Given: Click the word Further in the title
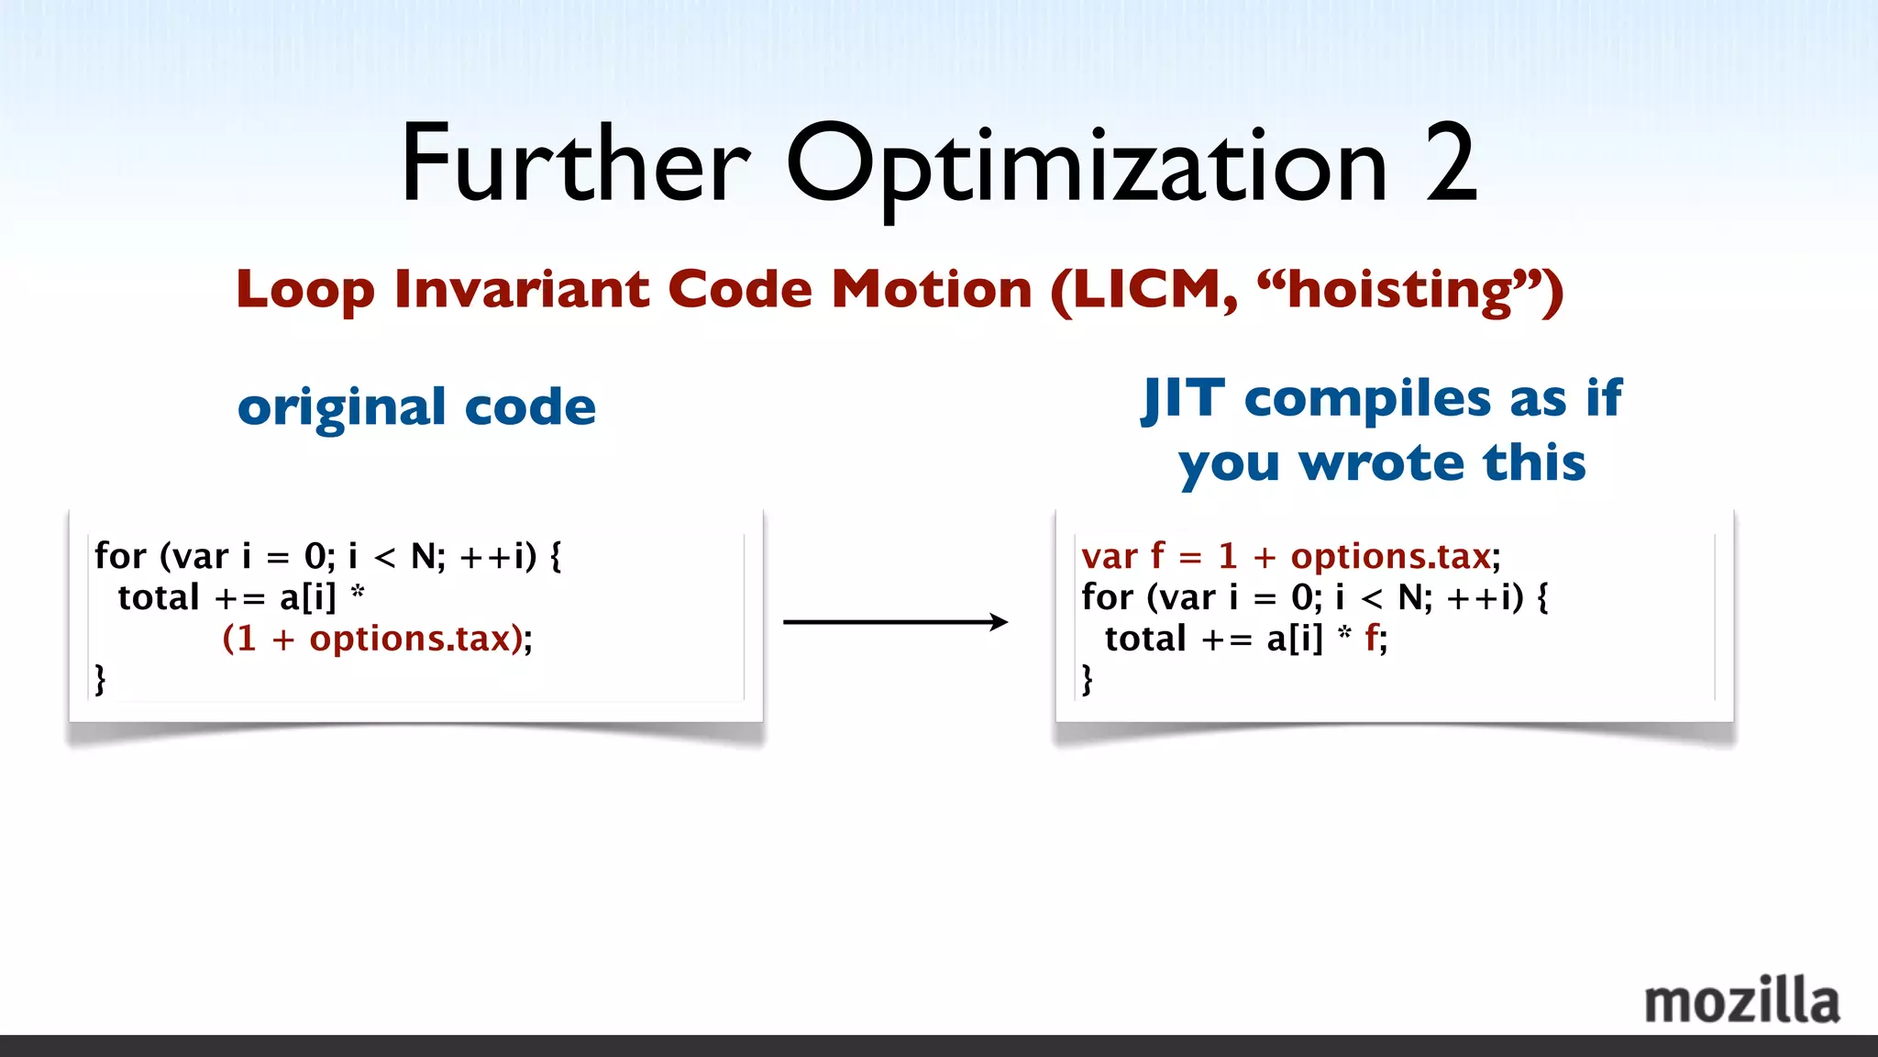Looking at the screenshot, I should click(x=575, y=165).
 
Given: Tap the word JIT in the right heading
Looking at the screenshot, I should click(x=1184, y=400).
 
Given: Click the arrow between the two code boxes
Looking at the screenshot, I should click(x=895, y=622).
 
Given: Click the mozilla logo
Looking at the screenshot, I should click(x=1741, y=1001).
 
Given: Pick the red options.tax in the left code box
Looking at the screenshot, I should click(x=409, y=639).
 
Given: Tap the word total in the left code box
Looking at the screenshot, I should click(x=159, y=597).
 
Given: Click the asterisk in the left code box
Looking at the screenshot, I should click(x=358, y=593).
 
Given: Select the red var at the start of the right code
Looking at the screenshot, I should click(x=1109, y=557).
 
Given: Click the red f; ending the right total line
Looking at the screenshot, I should click(x=1375, y=639).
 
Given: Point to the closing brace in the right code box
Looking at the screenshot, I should click(x=1088, y=679).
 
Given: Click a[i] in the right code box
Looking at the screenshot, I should click(x=1295, y=639).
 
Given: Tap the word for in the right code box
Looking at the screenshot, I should click(x=1107, y=597).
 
